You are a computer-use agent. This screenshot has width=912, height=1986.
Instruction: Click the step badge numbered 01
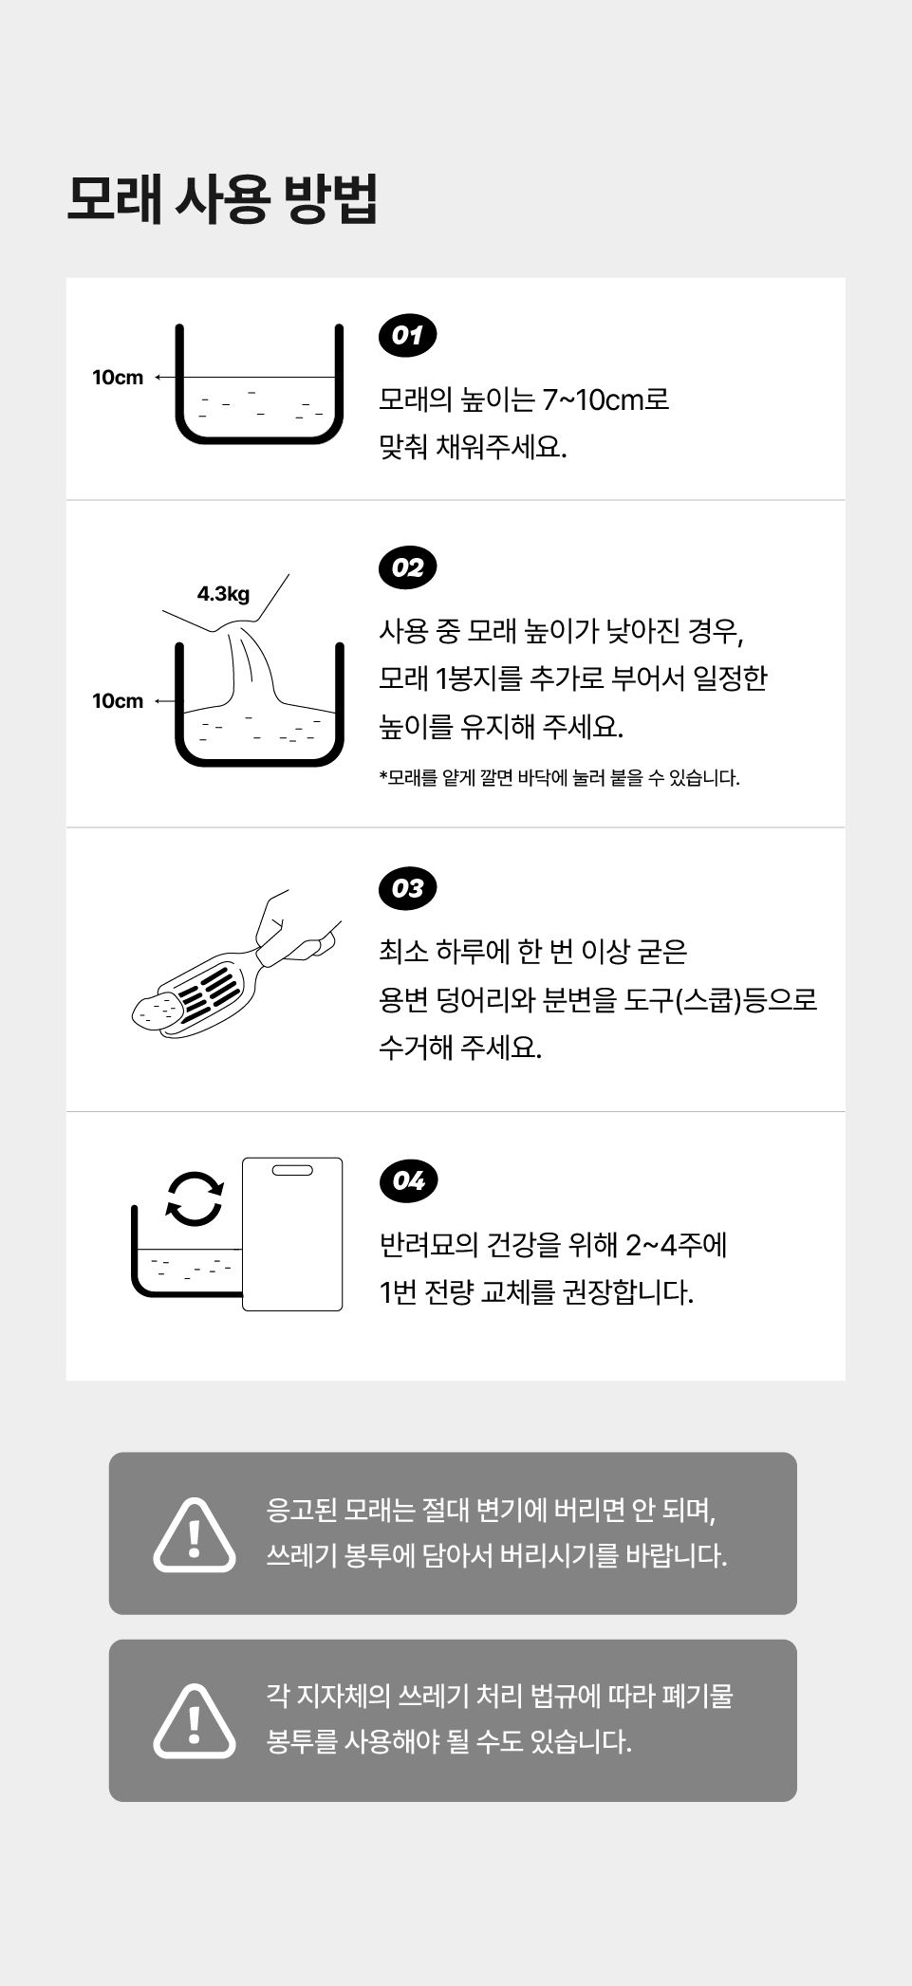tap(407, 336)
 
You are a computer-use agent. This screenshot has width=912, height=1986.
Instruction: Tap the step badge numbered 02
tap(407, 567)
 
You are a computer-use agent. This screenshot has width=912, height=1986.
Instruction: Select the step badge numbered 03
tap(407, 888)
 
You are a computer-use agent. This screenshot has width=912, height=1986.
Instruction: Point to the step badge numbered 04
tap(407, 1180)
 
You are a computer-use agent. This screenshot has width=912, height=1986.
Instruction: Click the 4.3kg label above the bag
tap(223, 594)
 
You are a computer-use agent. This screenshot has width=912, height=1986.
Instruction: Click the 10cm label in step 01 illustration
tap(118, 378)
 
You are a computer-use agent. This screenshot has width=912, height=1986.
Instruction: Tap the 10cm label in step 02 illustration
tap(118, 701)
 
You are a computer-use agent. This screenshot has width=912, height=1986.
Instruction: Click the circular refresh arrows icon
tap(195, 1198)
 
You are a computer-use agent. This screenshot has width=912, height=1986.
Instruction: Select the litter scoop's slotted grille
tap(210, 993)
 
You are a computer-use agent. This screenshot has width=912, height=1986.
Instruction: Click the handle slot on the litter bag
tap(292, 1170)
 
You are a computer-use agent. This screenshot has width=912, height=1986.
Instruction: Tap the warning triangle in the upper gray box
tap(195, 1534)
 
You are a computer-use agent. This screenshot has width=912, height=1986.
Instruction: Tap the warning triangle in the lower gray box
tap(195, 1720)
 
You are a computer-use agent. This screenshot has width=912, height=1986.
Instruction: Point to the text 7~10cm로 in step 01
tap(605, 399)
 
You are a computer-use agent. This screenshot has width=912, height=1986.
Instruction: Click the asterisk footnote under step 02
tap(559, 778)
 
